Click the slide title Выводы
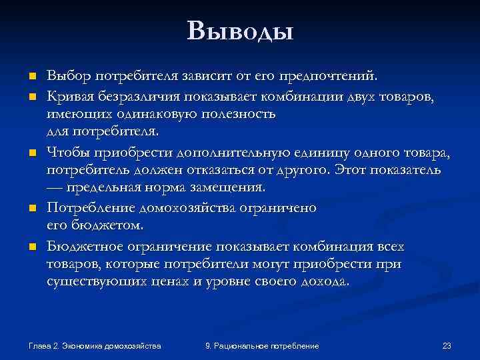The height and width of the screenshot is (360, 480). pyautogui.click(x=240, y=31)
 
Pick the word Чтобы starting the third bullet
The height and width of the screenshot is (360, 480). pyautogui.click(x=65, y=153)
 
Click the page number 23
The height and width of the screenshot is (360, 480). pyautogui.click(x=447, y=346)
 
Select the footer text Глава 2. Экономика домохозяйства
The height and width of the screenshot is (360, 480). pyautogui.click(x=95, y=346)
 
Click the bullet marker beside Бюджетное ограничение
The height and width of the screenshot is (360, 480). pyautogui.click(x=31, y=247)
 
